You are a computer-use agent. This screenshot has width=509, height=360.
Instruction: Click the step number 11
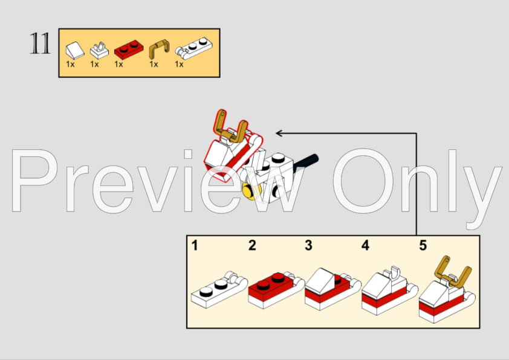point(41,43)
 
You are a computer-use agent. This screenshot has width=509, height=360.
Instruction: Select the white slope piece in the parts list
point(75,51)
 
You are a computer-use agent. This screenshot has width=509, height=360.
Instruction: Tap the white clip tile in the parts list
point(99,51)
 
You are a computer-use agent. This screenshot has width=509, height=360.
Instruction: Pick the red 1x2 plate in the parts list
point(129,50)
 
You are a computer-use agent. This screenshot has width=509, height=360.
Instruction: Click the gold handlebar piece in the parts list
point(159,48)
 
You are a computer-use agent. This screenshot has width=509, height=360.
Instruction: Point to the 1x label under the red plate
point(118,64)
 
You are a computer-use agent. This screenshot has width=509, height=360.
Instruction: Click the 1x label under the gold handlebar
point(154,64)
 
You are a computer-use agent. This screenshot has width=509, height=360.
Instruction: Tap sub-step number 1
point(195,245)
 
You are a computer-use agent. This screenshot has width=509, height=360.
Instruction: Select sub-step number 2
point(252,245)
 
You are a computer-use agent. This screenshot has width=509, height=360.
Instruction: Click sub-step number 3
point(308,245)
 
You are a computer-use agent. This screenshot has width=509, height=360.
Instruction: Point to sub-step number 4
point(365,245)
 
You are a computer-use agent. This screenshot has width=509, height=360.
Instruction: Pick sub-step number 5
point(423,245)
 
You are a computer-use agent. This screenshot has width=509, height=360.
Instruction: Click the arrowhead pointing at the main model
point(279,133)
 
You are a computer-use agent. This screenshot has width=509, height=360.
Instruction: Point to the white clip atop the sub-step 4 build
point(394,274)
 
